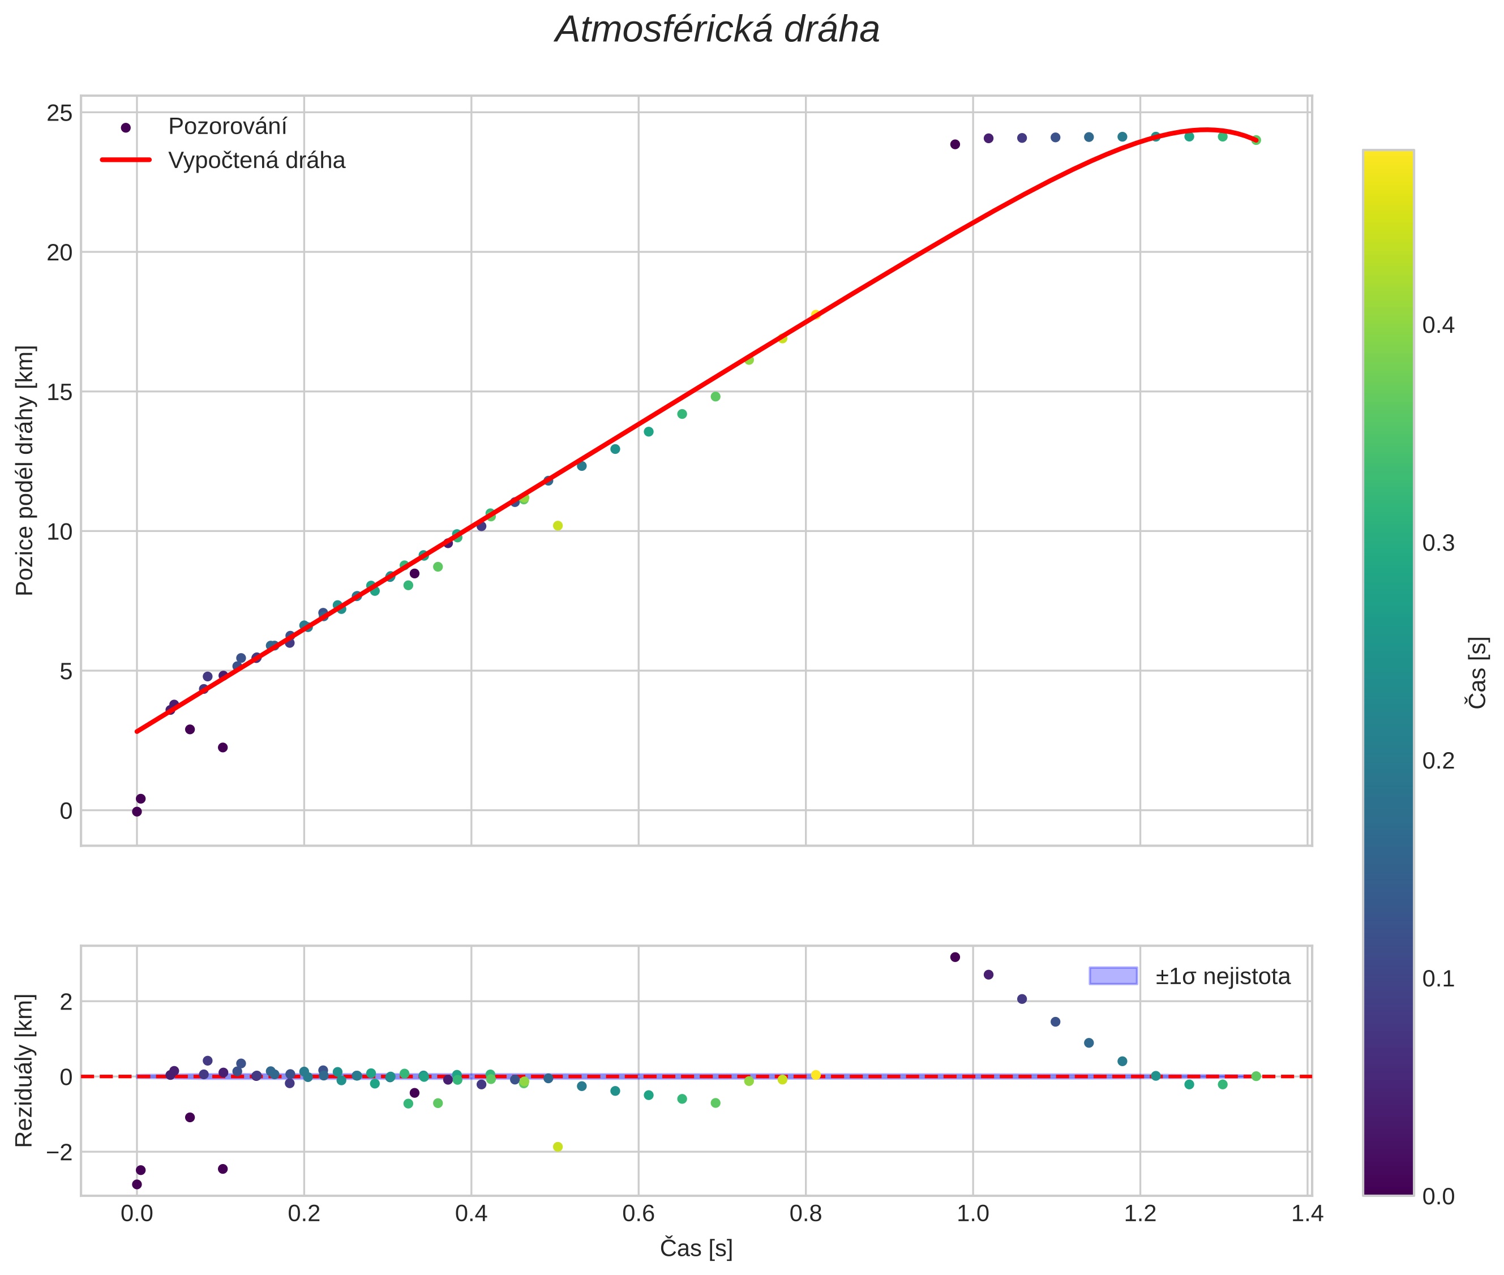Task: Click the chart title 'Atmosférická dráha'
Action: [x=717, y=31]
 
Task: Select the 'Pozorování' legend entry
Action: [x=227, y=127]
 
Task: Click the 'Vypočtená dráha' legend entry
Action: [x=256, y=161]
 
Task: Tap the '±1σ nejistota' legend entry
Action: [x=1222, y=977]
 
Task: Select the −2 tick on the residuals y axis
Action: [x=58, y=1152]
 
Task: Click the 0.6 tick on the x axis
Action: [x=639, y=1213]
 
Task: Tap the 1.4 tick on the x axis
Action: [x=1308, y=1213]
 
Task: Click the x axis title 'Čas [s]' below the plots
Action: [x=696, y=1248]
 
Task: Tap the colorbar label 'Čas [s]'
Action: [x=1478, y=673]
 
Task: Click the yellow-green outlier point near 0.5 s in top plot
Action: [x=558, y=526]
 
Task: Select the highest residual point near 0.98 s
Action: [x=954, y=957]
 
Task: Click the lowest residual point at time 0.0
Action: [x=136, y=1184]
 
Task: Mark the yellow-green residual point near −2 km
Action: [x=558, y=1147]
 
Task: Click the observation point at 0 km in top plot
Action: [x=136, y=812]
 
